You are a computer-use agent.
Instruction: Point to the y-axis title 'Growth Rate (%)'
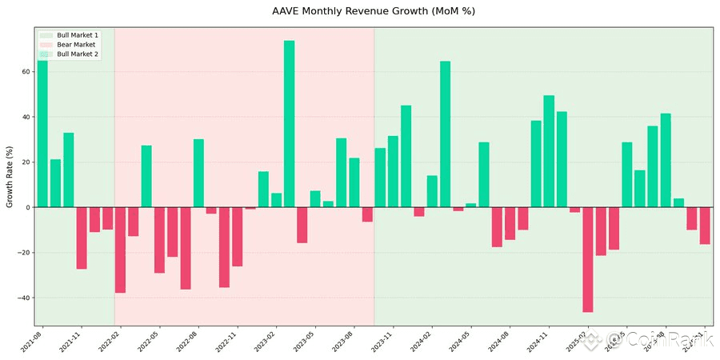tap(10, 177)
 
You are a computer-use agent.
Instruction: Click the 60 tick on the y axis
tap(26, 72)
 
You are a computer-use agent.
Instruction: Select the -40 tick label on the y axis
tap(23, 298)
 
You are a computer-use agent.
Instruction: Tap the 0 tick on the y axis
tap(28, 208)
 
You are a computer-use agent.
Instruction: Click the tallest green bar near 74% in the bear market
tap(289, 124)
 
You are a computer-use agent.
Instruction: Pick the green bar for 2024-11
tap(549, 152)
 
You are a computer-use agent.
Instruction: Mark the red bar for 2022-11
tap(238, 237)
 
